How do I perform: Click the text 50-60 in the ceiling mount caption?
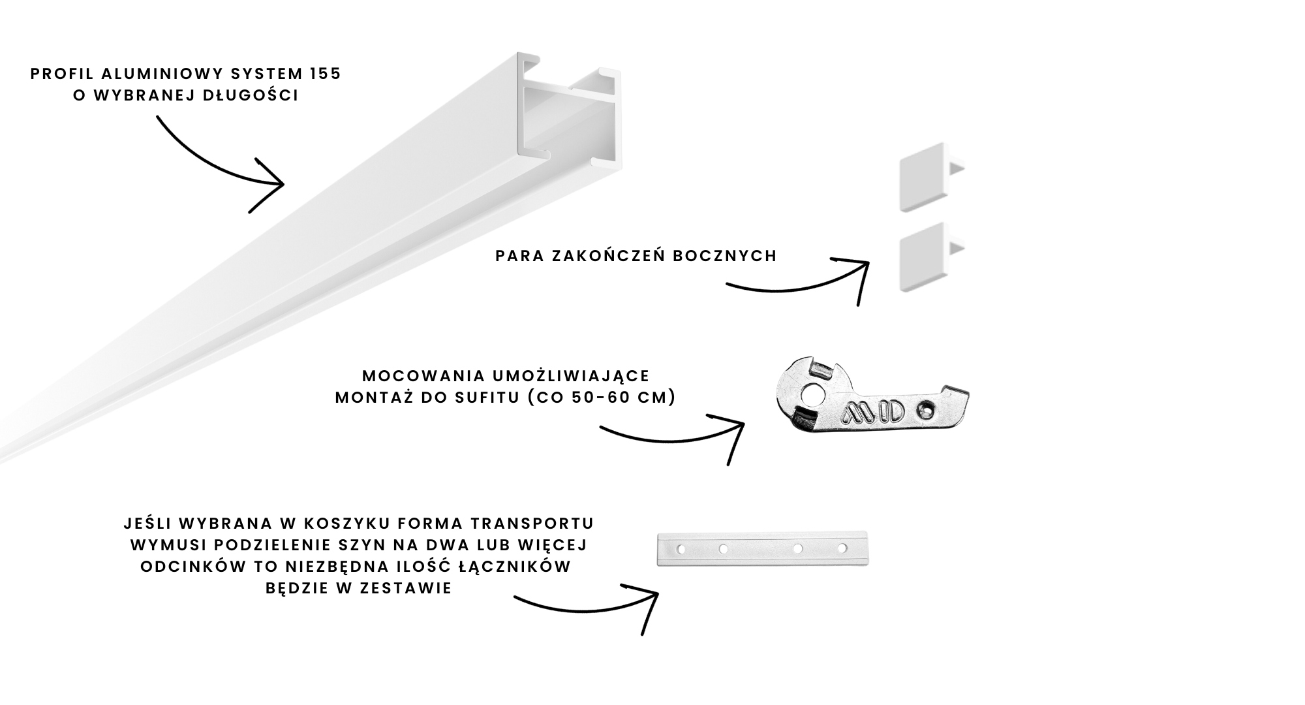point(591,398)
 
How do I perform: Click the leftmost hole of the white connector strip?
point(681,550)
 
